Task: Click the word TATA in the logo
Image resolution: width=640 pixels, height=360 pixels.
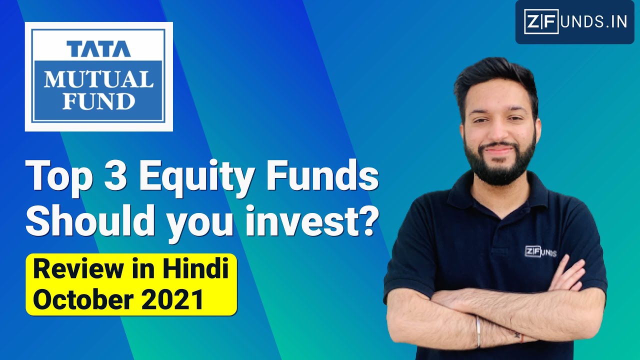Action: tap(98, 48)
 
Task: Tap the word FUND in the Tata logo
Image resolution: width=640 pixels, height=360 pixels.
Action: tap(98, 101)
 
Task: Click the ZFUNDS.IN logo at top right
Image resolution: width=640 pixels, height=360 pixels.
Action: tap(575, 22)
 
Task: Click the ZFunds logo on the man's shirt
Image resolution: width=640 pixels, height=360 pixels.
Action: tap(540, 251)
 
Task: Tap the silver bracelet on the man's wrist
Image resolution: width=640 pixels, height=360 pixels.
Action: tap(478, 332)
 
